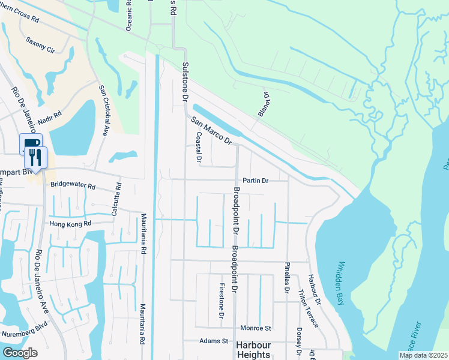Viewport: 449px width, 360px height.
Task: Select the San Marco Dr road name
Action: click(211, 131)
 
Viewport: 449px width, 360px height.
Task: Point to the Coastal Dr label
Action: click(198, 146)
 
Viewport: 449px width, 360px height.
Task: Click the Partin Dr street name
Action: click(255, 180)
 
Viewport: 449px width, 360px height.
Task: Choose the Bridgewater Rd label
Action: click(73, 186)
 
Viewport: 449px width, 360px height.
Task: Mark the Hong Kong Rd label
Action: click(71, 223)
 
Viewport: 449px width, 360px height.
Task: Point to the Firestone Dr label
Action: click(221, 301)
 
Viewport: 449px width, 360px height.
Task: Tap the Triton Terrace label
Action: click(309, 309)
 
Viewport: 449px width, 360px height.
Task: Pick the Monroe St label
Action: click(256, 328)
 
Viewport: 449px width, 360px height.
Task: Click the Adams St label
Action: click(214, 341)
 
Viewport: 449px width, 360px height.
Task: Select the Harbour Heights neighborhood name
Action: click(253, 349)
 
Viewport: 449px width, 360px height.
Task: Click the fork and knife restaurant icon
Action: click(35, 157)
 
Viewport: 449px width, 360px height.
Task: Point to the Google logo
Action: click(20, 353)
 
